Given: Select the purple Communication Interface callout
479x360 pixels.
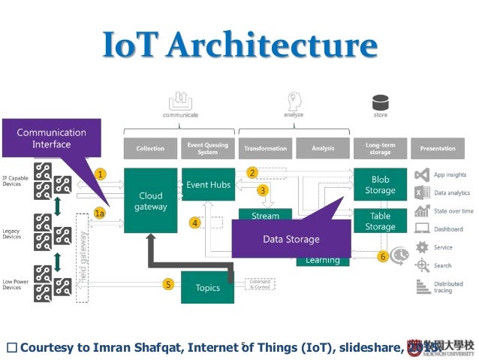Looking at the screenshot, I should point(51,138).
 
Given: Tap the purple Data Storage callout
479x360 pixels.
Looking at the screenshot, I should point(291,239).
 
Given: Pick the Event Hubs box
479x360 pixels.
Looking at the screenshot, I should point(207,184).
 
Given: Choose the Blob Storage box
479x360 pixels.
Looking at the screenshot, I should point(380,185).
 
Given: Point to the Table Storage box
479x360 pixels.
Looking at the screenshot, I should point(380,221).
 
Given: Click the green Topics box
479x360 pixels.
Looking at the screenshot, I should point(207,287).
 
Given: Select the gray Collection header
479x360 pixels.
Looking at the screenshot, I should point(150,149).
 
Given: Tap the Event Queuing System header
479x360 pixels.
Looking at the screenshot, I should point(207,149).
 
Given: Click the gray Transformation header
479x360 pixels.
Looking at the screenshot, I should point(264,149).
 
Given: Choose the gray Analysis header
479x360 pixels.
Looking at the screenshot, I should point(323,149).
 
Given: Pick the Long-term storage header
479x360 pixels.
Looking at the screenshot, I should point(381,149).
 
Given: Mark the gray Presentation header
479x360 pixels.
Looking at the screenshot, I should point(438,149).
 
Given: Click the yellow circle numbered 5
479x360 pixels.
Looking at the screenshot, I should point(169,283).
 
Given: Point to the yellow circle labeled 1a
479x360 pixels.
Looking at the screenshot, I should point(100,213).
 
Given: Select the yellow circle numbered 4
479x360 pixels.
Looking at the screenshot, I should point(195,222).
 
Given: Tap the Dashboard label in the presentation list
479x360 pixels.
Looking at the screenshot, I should point(448,228).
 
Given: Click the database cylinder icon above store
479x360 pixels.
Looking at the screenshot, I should point(381,101).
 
